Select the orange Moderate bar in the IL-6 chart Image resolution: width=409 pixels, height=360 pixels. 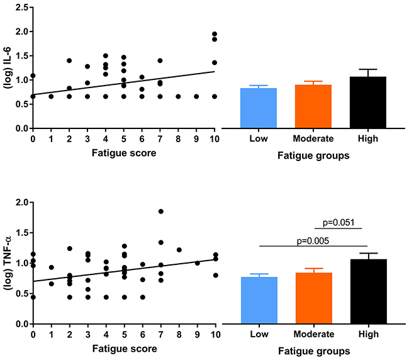pyautogui.click(x=308, y=106)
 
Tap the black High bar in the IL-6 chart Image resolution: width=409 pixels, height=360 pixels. pyautogui.click(x=359, y=103)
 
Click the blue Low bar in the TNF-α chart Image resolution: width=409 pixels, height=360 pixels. pyautogui.click(x=259, y=300)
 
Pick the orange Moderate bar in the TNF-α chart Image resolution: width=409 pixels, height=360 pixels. pyautogui.click(x=308, y=298)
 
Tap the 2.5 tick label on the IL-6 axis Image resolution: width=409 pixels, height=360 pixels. pyautogui.click(x=21, y=7)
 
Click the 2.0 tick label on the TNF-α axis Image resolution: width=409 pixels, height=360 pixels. pyautogui.click(x=21, y=203)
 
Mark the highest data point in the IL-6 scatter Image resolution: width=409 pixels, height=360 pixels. pyautogui.click(x=215, y=34)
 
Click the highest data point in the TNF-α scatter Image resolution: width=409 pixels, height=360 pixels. pyautogui.click(x=160, y=211)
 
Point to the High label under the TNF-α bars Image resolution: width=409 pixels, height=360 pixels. pyautogui.click(x=359, y=335)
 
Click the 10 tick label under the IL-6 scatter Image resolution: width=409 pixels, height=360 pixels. pyautogui.click(x=215, y=138)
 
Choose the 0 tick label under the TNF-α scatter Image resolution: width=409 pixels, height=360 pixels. pyautogui.click(x=33, y=334)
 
